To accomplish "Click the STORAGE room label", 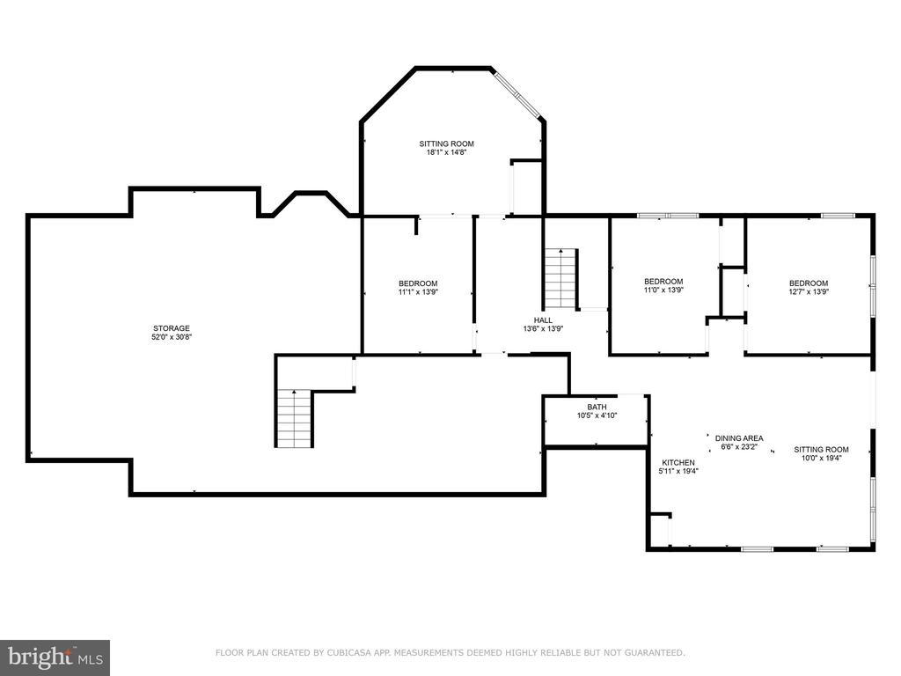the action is tap(172, 328).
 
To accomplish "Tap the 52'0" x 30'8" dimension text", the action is tap(172, 337).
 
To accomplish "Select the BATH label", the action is tap(597, 407).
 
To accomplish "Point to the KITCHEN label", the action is tap(678, 463).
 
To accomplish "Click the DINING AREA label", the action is tap(739, 438).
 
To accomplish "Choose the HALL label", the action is tap(543, 320).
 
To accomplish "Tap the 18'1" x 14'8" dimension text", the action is tap(446, 152).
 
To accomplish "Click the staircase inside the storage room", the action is tap(294, 418).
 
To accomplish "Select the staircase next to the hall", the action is tap(560, 279).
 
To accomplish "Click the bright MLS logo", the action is tap(55, 657).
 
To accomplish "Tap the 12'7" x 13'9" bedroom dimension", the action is tap(809, 291).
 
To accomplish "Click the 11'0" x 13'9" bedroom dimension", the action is tap(663, 290).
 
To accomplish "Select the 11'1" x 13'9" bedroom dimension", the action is tap(418, 292).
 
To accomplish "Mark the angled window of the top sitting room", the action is tap(517, 95).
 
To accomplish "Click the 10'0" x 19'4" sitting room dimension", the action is tap(821, 458).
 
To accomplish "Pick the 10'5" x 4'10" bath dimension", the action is tap(597, 415).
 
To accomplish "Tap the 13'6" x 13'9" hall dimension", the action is tap(543, 329).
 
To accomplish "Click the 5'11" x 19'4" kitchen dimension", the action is tap(678, 472).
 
